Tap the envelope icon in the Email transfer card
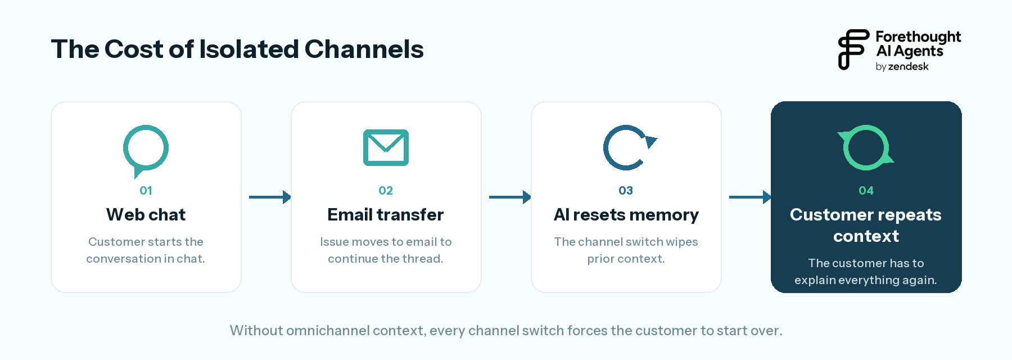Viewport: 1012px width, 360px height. click(386, 147)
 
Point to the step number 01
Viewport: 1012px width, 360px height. click(146, 191)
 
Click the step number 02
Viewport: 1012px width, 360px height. click(386, 191)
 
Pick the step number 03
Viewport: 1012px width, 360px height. click(626, 191)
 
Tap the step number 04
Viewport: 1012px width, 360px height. click(866, 191)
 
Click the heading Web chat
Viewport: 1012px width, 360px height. click(146, 214)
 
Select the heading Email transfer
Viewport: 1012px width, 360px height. click(386, 214)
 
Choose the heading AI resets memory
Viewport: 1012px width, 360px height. click(626, 215)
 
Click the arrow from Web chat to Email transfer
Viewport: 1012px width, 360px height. click(270, 197)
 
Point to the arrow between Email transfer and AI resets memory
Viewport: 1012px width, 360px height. click(510, 197)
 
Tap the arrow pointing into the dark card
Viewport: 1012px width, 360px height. click(750, 197)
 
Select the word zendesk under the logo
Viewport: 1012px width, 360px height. click(908, 66)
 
